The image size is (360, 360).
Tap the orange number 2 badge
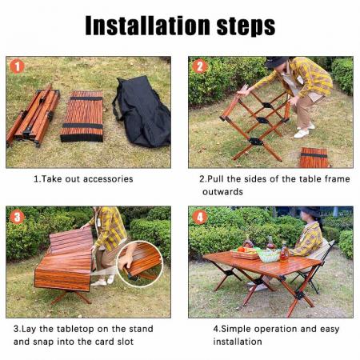(x=200, y=66)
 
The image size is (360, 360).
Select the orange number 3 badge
(x=17, y=217)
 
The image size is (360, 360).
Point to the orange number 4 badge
(x=200, y=217)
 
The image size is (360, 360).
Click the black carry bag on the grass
(x=142, y=112)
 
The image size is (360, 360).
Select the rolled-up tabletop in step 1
(x=82, y=117)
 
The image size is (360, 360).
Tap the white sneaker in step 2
(x=301, y=133)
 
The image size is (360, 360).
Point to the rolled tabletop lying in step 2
(x=314, y=158)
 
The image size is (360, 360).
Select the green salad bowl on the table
(x=268, y=256)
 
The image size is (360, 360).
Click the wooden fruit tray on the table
(x=244, y=254)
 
